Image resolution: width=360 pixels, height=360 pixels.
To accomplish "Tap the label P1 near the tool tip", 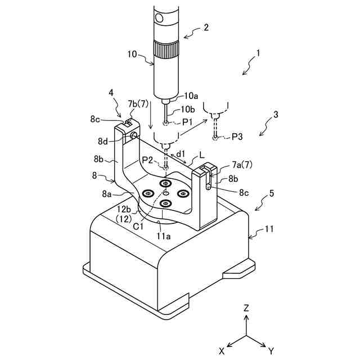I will [187, 121].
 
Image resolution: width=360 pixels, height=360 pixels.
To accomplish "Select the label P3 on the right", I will [236, 137].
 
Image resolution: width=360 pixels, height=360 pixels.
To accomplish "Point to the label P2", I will [148, 160].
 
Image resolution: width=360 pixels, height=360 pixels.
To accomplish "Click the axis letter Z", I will [246, 308].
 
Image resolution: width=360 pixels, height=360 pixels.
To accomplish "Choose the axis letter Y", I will [271, 350].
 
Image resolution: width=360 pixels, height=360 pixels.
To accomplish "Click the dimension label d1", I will [181, 153].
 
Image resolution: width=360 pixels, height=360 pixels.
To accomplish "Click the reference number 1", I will [258, 54].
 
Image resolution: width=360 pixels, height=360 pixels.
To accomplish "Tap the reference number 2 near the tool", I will [206, 26].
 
